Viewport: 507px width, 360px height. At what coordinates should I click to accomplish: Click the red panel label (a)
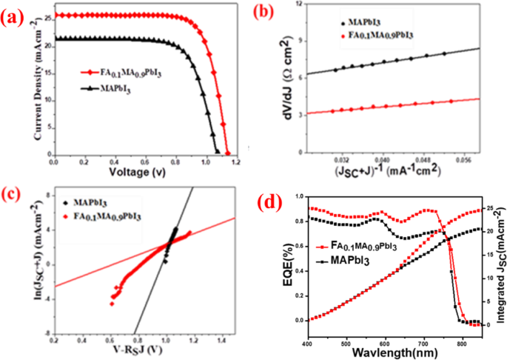[16, 16]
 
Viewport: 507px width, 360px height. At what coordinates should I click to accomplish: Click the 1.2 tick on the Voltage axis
[238, 161]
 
